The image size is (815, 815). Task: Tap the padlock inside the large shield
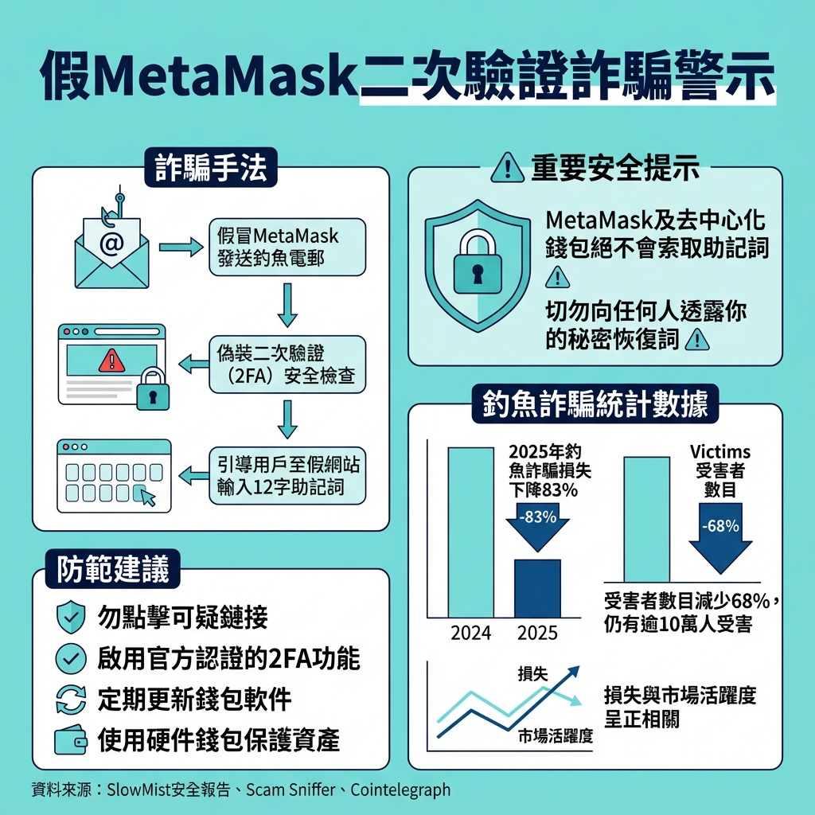tap(478, 263)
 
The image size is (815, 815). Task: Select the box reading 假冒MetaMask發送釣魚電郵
tap(287, 247)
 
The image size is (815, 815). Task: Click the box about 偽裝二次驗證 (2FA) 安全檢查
tap(287, 365)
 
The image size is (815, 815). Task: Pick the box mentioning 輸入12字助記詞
tap(287, 476)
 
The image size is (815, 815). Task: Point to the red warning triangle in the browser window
tap(111, 361)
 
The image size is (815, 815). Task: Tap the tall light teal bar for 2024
tap(471, 532)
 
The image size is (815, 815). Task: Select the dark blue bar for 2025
tap(537, 588)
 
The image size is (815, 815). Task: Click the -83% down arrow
tap(537, 527)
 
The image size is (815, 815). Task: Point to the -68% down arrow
tap(720, 538)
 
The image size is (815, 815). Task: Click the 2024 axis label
tap(471, 633)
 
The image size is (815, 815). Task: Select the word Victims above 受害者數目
tap(719, 451)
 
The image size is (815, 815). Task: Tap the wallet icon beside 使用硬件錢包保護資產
tap(71, 739)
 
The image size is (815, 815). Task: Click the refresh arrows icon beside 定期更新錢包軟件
tap(71, 699)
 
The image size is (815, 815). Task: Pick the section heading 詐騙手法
tap(210, 167)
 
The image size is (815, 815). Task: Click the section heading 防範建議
tap(113, 568)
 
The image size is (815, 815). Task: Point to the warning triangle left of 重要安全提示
tap(507, 167)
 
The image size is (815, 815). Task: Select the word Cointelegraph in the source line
tap(400, 790)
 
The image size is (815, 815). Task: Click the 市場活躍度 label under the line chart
tap(555, 736)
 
